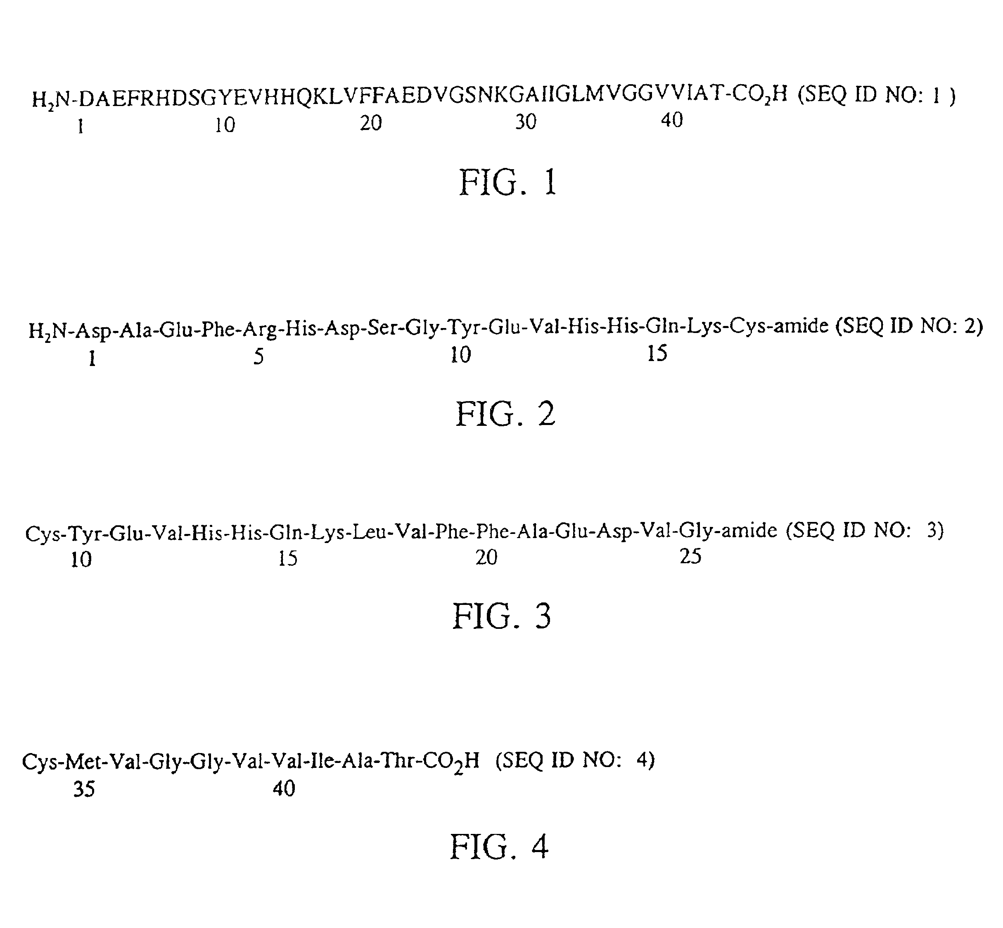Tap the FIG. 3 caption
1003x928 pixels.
coord(501,616)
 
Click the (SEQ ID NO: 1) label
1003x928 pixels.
coord(876,94)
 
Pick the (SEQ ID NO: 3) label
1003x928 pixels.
coord(864,530)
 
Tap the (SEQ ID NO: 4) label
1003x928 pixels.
coord(575,760)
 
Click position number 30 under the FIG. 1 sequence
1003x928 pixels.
coord(526,122)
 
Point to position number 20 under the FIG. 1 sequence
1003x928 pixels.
coord(371,123)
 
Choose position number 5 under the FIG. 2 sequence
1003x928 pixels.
coord(258,357)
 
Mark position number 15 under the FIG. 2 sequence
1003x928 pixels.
coord(657,354)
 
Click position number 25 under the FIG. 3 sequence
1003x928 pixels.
coord(690,556)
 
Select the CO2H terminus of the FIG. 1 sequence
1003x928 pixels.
coord(759,94)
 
